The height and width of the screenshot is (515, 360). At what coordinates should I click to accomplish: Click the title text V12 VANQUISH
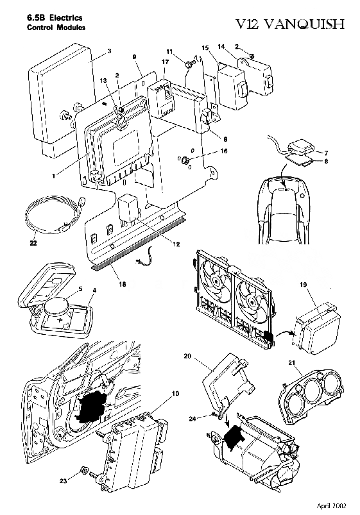[x=289, y=24]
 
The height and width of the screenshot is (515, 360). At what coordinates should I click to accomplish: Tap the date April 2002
[x=331, y=505]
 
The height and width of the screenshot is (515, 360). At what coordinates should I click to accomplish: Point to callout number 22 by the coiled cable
[x=33, y=243]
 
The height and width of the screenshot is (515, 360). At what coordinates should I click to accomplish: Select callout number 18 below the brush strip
[x=123, y=284]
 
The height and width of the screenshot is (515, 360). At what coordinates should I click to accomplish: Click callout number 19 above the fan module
[x=303, y=284]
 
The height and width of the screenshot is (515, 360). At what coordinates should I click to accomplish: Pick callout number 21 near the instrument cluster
[x=291, y=362]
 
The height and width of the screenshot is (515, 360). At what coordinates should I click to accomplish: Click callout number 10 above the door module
[x=176, y=393]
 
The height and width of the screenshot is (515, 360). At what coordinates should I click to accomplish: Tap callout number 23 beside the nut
[x=63, y=481]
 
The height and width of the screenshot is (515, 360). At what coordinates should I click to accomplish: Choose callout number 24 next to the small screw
[x=193, y=418]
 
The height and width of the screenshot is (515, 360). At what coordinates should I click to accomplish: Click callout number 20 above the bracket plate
[x=187, y=356]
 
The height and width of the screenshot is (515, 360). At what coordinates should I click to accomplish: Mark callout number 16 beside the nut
[x=224, y=151]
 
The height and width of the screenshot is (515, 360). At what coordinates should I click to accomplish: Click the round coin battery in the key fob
[x=56, y=308]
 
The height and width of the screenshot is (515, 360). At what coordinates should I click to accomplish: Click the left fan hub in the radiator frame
[x=216, y=281]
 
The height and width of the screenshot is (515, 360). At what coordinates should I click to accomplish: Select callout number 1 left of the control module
[x=53, y=176]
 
